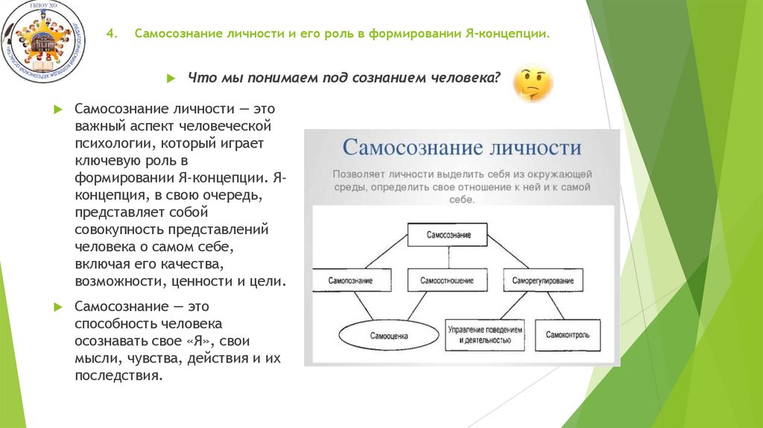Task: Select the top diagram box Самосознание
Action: pos(449,235)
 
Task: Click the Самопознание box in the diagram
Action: pos(350,280)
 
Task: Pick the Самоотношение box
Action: pos(448,280)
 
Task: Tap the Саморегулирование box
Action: pos(542,280)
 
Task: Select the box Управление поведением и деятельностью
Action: pos(485,335)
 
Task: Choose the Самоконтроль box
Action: pos(572,336)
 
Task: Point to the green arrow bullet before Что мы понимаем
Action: pos(171,78)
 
